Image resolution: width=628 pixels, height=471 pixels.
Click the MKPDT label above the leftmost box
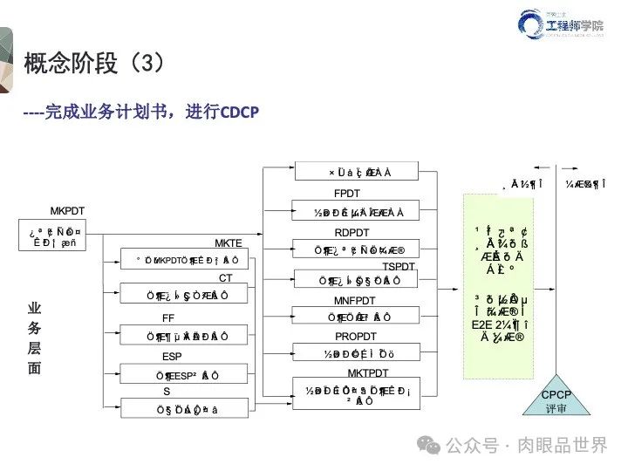coord(67,211)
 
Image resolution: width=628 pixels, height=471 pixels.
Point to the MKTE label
coord(229,242)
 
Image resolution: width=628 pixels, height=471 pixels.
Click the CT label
coord(226,278)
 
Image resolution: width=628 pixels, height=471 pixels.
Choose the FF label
coord(168,318)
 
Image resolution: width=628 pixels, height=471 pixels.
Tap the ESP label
coord(172,357)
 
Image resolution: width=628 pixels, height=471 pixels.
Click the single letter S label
coord(167,392)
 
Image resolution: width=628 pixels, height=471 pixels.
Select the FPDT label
coord(347,193)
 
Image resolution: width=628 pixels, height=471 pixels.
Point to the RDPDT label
coord(353,232)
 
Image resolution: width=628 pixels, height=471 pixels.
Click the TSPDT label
coord(399,266)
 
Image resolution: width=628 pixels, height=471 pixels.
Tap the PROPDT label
coord(356,336)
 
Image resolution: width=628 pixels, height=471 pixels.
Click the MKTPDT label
coord(355,373)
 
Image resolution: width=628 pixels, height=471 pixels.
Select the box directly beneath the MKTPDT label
coord(355,395)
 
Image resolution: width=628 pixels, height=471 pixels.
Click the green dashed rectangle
coord(496,285)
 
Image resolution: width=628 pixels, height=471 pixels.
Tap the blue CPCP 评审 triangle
coord(556,400)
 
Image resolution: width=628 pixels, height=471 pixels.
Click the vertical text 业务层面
coord(35,338)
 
